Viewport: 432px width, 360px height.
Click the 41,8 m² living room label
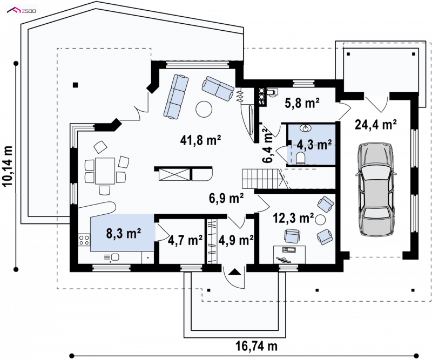click(200, 140)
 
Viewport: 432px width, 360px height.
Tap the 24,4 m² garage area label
click(375, 125)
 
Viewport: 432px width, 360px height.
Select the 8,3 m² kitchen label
click(124, 233)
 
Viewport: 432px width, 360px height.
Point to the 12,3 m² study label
click(293, 218)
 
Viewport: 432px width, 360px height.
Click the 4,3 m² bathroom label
click(314, 144)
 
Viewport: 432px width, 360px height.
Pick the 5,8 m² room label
click(302, 103)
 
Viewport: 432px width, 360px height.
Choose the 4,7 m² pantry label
click(185, 240)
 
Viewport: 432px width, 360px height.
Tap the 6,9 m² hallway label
click(226, 198)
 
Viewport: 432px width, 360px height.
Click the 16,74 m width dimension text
click(256, 346)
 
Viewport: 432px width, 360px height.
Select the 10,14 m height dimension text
click(8, 166)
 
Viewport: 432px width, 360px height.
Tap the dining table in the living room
click(105, 171)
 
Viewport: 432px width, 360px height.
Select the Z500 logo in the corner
click(22, 11)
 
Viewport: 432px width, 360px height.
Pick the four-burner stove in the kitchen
click(84, 240)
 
